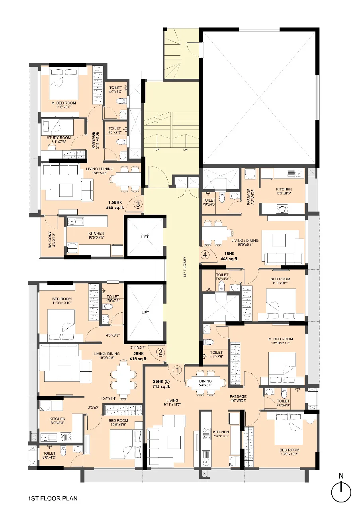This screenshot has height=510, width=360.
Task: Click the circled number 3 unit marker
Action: (138, 205)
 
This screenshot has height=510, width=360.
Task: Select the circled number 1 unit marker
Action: (178, 370)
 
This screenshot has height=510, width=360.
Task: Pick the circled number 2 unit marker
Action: (160, 352)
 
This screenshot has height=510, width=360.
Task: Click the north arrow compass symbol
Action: (341, 491)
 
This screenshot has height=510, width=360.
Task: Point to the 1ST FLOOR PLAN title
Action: (53, 498)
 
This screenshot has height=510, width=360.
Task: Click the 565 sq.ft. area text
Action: (116, 208)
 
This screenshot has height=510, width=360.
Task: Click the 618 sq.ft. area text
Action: (139, 359)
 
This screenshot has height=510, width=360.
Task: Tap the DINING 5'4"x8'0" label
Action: (206, 383)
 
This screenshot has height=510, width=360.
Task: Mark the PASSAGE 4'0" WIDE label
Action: (238, 399)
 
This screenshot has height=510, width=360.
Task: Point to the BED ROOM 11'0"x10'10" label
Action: (62, 301)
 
